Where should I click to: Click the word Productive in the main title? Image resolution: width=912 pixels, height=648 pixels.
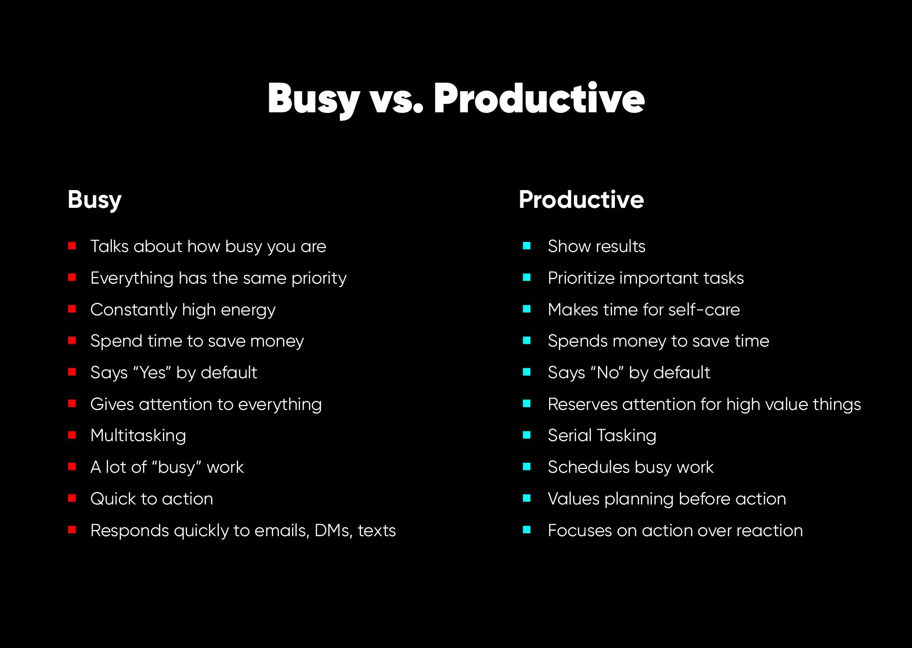(x=539, y=99)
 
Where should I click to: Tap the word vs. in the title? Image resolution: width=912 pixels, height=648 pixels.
(x=396, y=100)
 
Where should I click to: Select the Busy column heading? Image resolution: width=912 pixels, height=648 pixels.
(x=95, y=200)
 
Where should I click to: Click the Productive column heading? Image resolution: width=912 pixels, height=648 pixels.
(x=581, y=200)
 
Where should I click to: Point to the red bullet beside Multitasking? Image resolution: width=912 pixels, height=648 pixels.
(x=72, y=435)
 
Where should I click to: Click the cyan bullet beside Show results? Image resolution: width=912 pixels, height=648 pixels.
(x=527, y=246)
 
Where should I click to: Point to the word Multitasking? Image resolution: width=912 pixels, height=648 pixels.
(x=138, y=436)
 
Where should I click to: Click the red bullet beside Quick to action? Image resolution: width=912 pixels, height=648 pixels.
(x=72, y=498)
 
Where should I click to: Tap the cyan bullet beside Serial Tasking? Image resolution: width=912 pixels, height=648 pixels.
(x=527, y=435)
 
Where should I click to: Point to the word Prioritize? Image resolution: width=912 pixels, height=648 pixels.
(x=581, y=278)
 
